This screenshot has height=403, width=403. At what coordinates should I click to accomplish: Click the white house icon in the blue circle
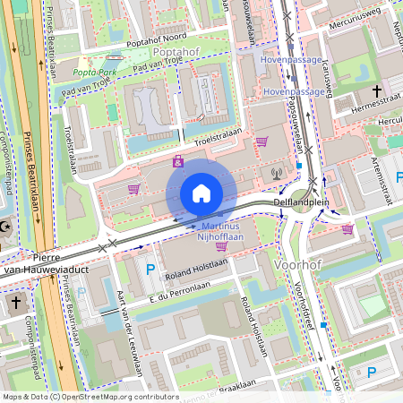[201, 193]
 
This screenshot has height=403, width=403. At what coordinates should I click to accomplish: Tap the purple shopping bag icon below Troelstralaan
[178, 161]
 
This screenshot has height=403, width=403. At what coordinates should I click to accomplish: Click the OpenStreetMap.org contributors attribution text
[99, 396]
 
